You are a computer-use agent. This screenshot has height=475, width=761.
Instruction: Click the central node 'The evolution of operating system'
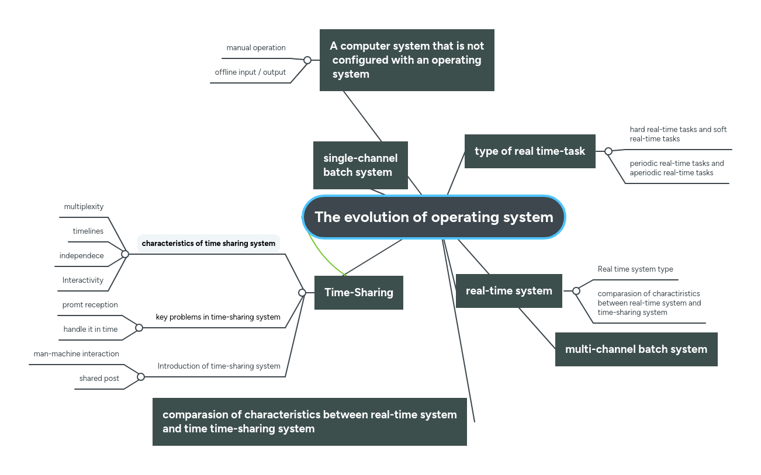(434, 217)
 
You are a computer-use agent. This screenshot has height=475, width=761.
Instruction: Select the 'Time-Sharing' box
(359, 293)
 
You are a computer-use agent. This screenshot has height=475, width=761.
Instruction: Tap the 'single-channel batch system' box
(360, 165)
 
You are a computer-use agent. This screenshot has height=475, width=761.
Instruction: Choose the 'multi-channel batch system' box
(636, 349)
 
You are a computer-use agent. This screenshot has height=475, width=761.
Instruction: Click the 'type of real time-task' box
(530, 151)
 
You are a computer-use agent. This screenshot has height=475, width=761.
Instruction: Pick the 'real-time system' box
(509, 291)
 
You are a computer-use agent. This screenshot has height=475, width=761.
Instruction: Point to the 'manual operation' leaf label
(256, 48)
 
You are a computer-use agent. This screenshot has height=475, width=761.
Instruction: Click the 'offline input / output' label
(250, 72)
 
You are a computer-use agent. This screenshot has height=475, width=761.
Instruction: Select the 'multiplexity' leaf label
(84, 207)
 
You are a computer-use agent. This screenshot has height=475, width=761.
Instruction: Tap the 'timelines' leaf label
(88, 231)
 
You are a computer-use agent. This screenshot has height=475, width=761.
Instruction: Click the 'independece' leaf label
(81, 256)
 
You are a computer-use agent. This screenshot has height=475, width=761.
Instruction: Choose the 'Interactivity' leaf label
(83, 280)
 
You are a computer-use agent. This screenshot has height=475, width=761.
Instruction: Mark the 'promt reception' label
(90, 305)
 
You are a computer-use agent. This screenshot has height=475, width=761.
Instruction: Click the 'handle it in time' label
(91, 330)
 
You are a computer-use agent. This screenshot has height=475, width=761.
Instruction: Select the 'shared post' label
(99, 379)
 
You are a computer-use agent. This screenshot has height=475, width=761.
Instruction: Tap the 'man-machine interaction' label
(76, 354)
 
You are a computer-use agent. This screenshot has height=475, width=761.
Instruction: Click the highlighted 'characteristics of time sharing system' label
(208, 244)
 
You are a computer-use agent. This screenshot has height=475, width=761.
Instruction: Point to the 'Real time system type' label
(635, 269)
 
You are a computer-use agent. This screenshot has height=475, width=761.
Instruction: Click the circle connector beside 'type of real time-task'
(608, 151)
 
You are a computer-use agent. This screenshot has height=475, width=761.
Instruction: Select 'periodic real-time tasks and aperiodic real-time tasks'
(677, 168)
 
